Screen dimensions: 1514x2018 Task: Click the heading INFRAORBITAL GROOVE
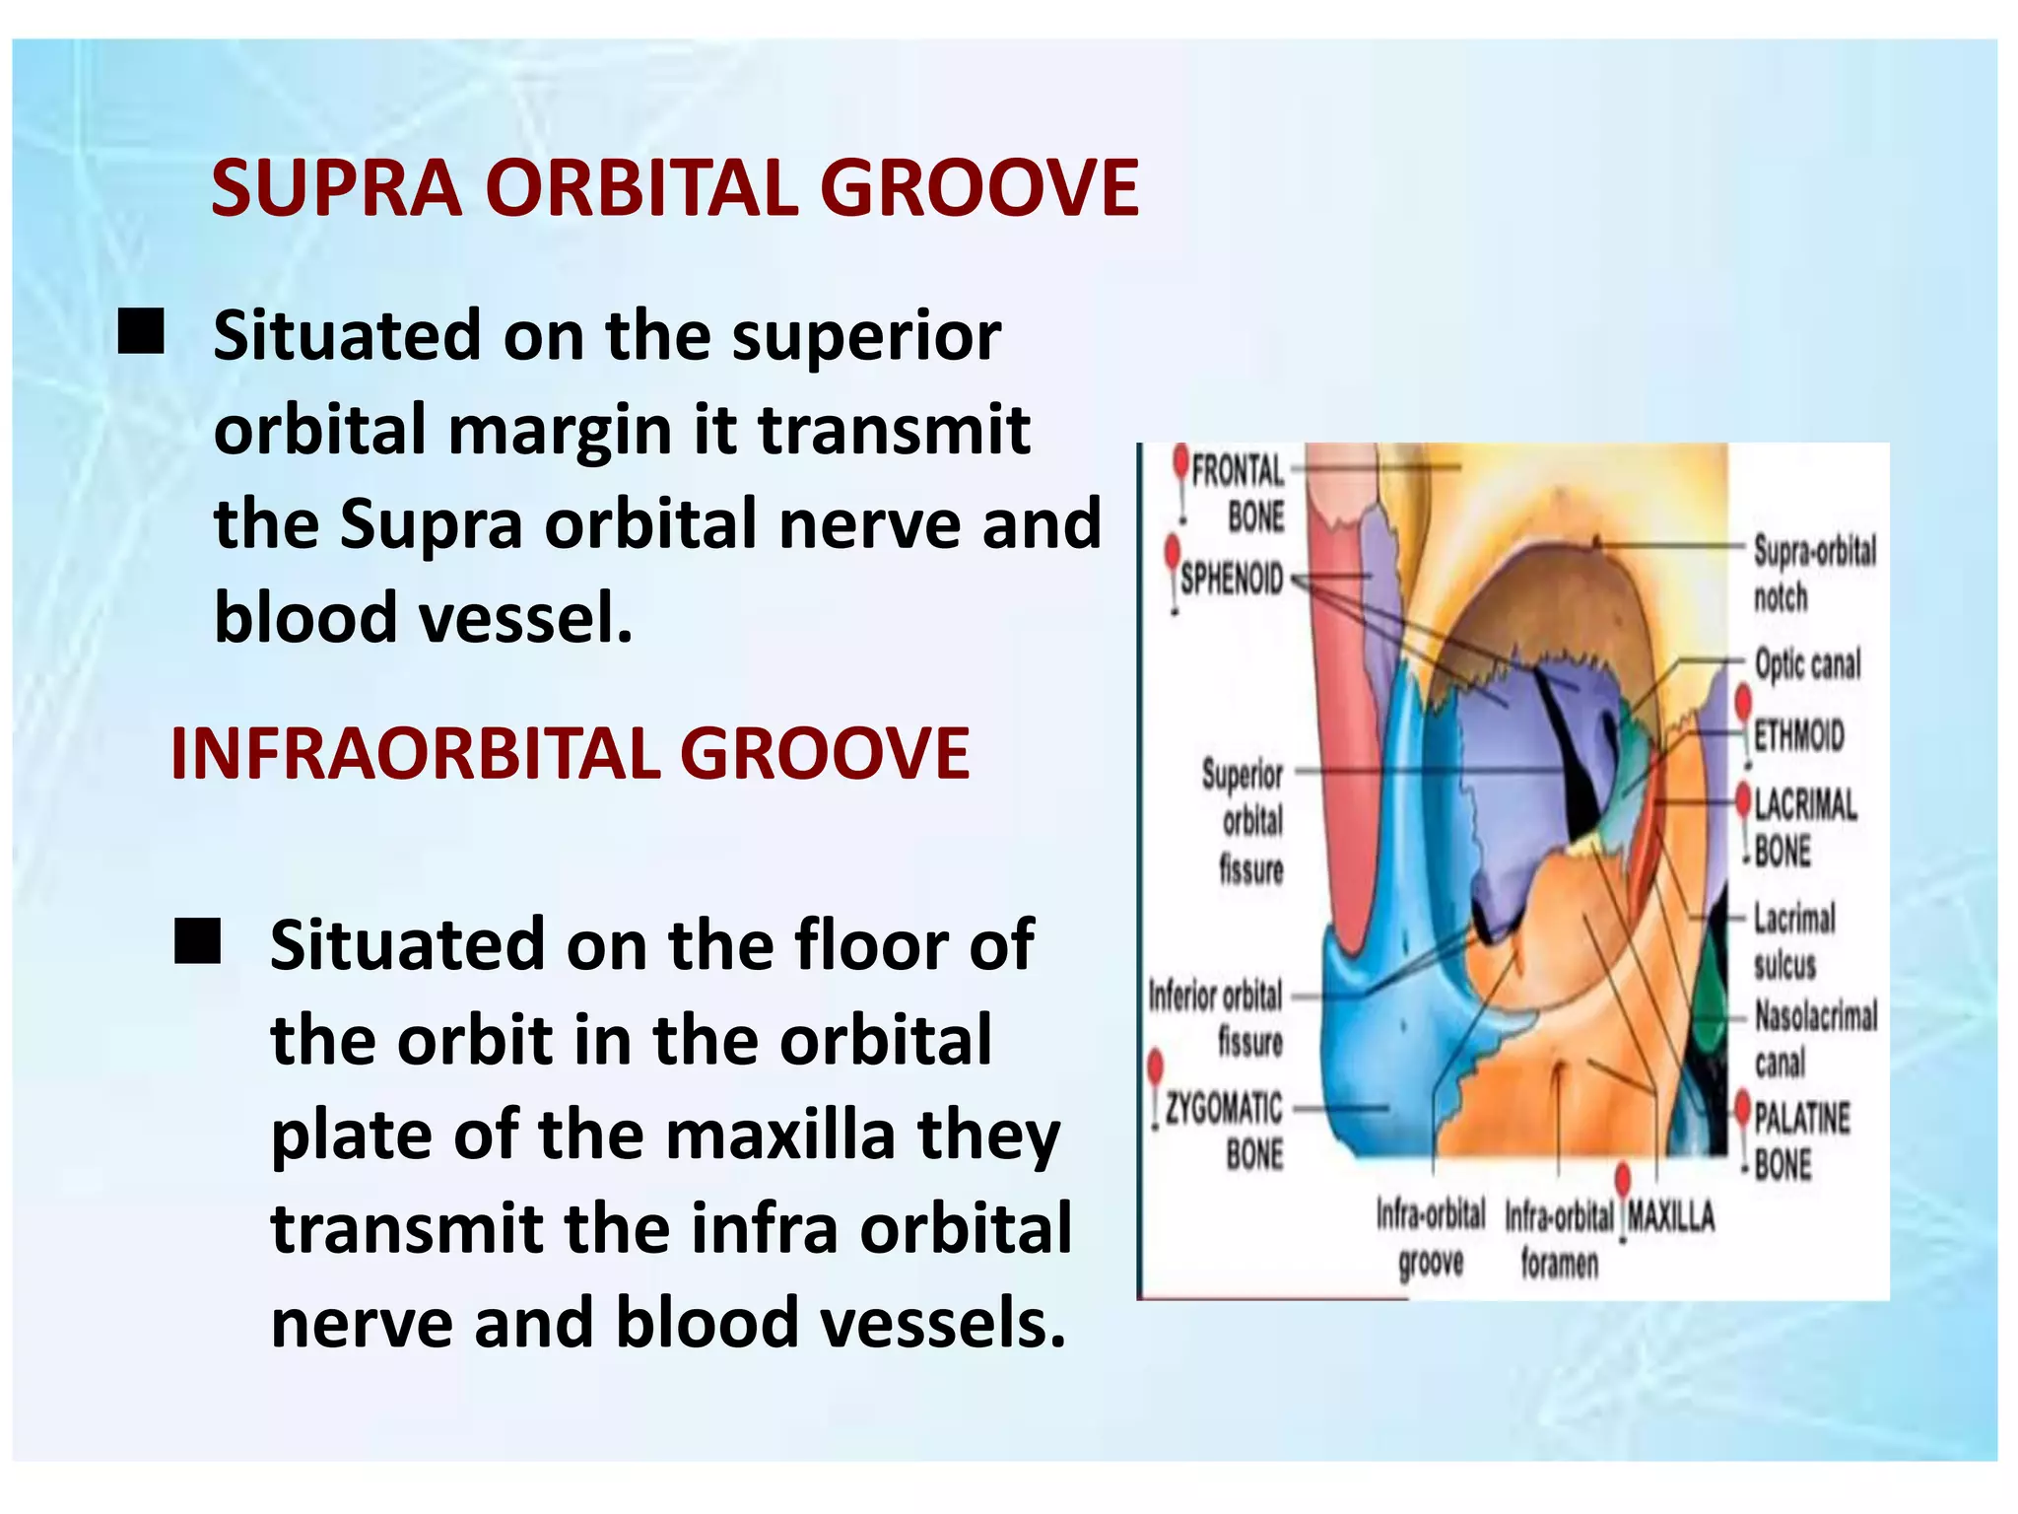point(570,754)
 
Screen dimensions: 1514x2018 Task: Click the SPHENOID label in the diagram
point(1232,579)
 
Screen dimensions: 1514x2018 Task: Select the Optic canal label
point(1807,664)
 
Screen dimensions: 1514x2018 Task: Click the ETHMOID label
point(1798,735)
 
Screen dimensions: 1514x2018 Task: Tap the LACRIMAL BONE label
point(1803,827)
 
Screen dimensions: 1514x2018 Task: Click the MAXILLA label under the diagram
point(1670,1217)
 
